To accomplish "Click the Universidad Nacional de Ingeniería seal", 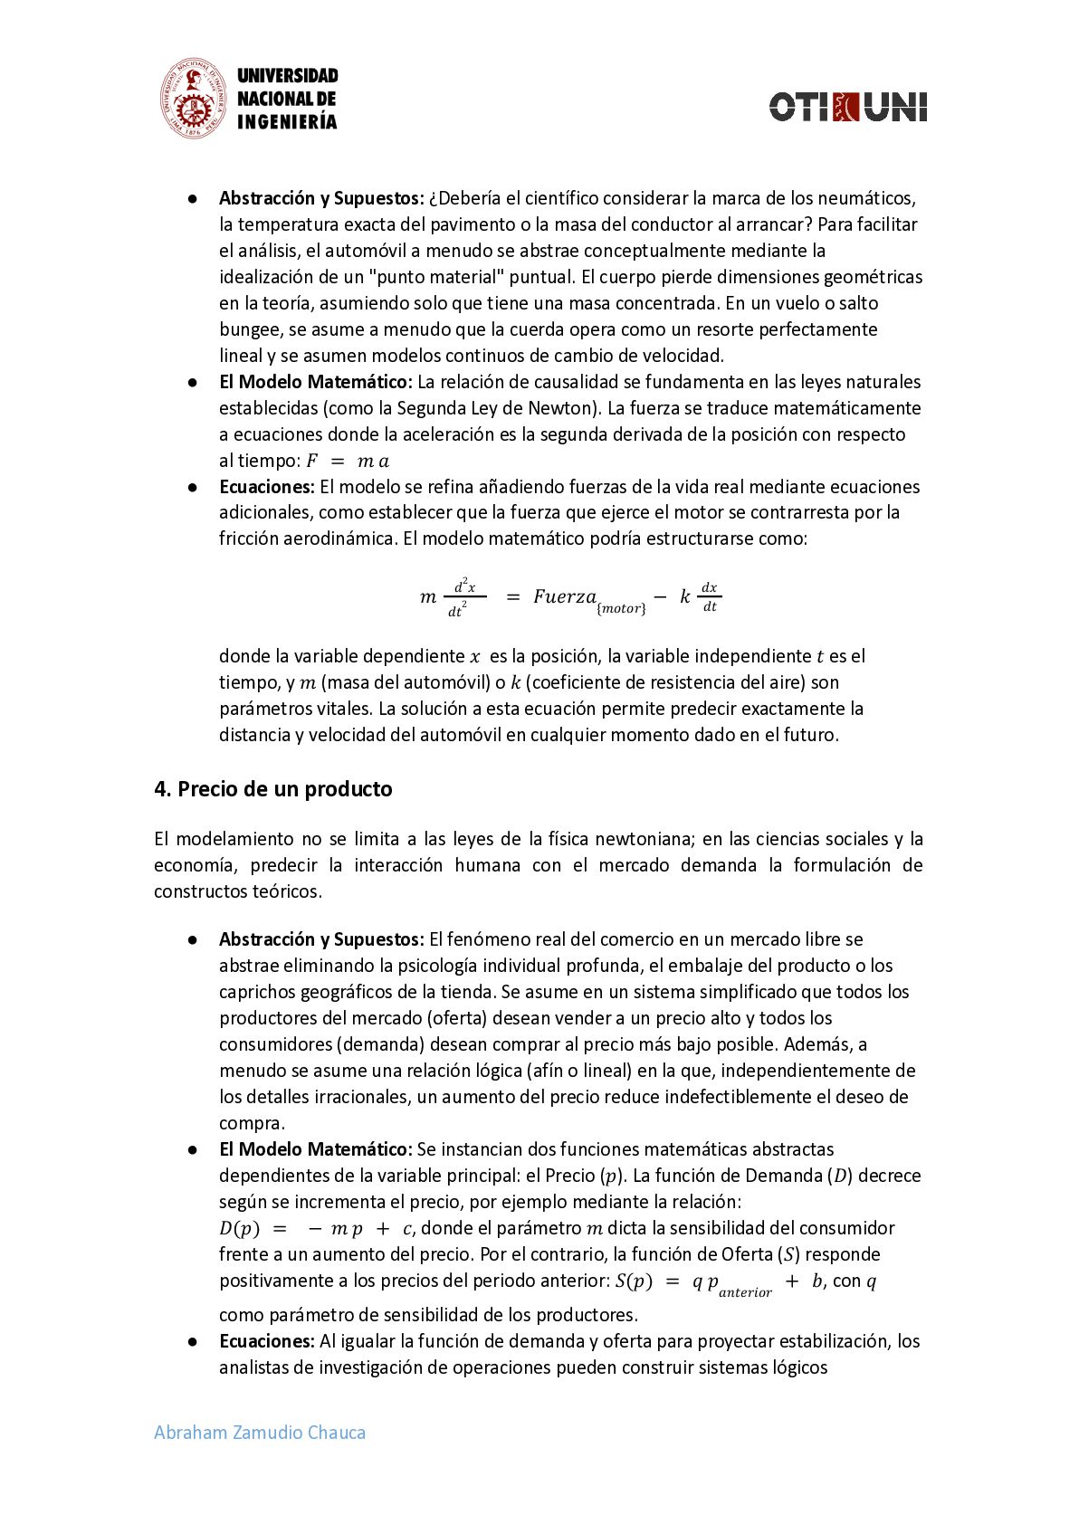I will pyautogui.click(x=192, y=99).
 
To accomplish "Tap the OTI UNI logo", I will pyautogui.click(x=847, y=106).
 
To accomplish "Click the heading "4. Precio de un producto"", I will pyautogui.click(x=272, y=789).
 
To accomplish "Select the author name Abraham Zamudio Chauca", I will pyautogui.click(x=260, y=1433).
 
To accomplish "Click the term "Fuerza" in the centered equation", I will pyautogui.click(x=565, y=596).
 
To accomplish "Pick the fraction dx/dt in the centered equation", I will pyautogui.click(x=710, y=597).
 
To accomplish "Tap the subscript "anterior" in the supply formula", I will pyautogui.click(x=745, y=1292).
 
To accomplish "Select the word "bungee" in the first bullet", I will pyautogui.click(x=251, y=329).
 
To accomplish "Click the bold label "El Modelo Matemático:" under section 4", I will pyautogui.click(x=316, y=1149).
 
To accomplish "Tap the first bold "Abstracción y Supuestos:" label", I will pyautogui.click(x=321, y=198).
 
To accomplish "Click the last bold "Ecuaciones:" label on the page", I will pyautogui.click(x=267, y=1341).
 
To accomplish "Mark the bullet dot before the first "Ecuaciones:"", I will pyautogui.click(x=193, y=487).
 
